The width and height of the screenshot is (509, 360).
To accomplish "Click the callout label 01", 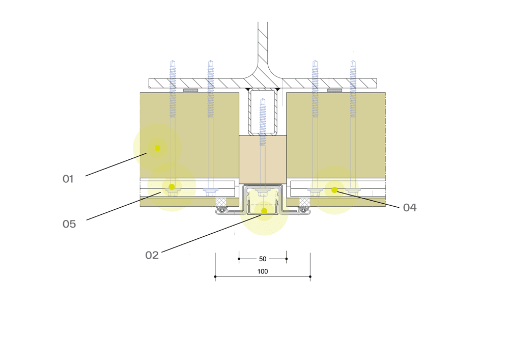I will [68, 179].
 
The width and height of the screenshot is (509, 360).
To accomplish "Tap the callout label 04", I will [410, 208].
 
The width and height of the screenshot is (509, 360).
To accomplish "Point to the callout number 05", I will [69, 224].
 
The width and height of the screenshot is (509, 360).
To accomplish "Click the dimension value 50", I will [263, 259].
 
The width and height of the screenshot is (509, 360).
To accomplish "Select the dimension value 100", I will [263, 272].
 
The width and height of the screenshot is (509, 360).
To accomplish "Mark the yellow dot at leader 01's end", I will [157, 148].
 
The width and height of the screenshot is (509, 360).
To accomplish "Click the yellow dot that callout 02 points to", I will [264, 211].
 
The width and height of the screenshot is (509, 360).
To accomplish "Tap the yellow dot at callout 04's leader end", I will [334, 190].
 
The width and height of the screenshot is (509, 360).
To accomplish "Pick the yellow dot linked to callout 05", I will [172, 187].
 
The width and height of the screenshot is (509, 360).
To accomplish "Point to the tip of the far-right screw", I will [353, 63].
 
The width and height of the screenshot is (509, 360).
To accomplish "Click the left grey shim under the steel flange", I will [190, 91].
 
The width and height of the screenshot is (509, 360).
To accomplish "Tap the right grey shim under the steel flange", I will [334, 91].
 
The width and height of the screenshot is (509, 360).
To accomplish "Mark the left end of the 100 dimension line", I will [215, 277].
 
